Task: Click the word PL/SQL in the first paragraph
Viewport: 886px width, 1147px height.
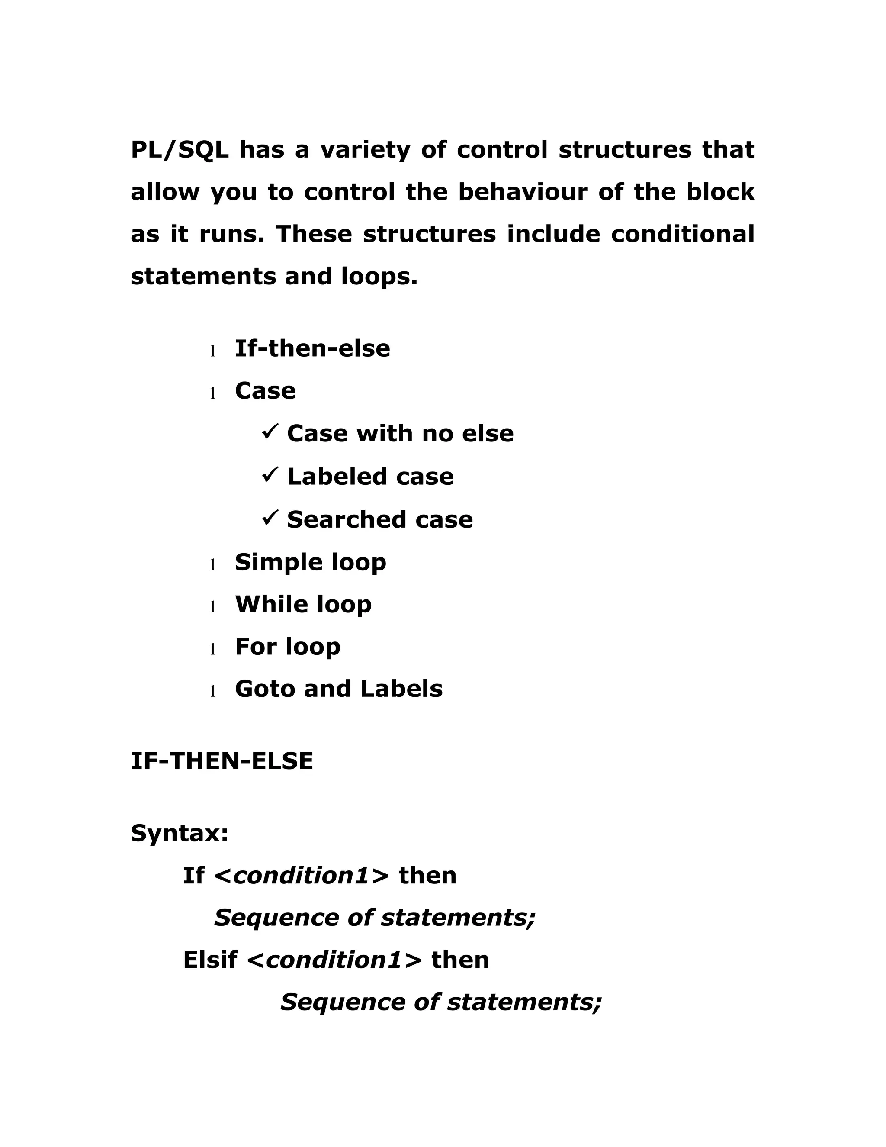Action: [x=180, y=150]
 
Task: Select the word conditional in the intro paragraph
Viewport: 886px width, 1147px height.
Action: [x=682, y=234]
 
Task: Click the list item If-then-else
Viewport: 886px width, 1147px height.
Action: [x=312, y=349]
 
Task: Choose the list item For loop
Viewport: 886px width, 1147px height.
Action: [x=288, y=647]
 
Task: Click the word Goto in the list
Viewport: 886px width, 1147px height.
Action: [x=264, y=689]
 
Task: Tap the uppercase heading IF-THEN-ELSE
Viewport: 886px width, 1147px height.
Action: [x=221, y=761]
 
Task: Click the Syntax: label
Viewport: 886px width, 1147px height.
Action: [x=180, y=833]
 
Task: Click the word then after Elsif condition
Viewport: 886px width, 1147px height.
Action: [x=460, y=960]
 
